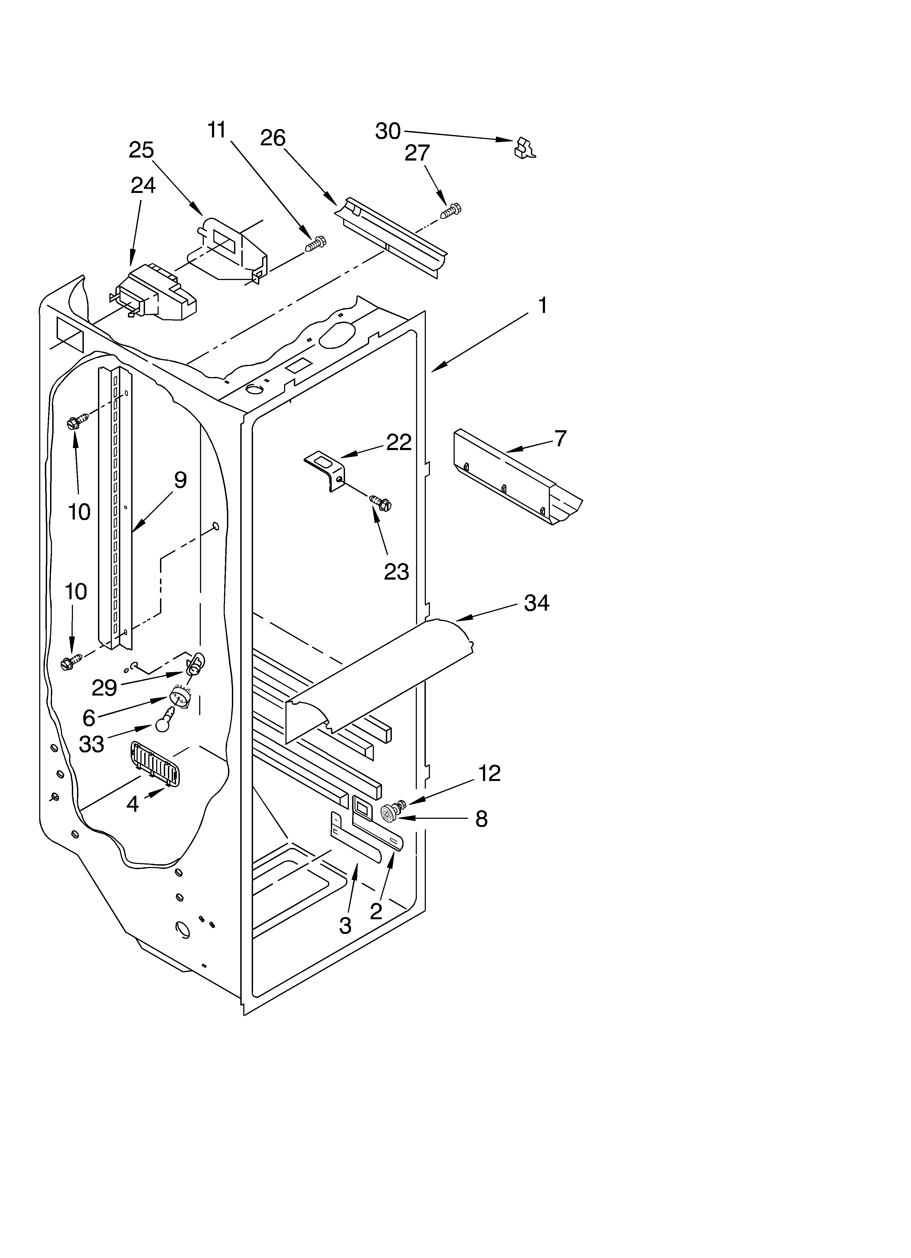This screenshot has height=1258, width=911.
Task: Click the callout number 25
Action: click(x=141, y=150)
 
